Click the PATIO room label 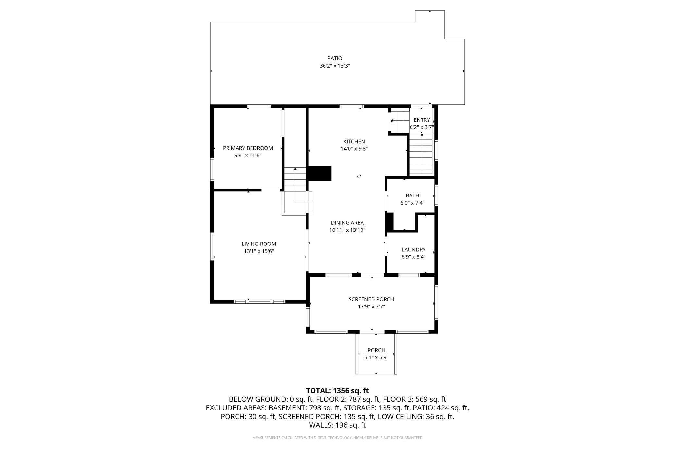tap(335, 58)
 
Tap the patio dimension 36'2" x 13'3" tap(335, 66)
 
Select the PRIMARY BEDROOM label tap(248, 148)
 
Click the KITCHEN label tap(354, 142)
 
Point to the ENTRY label tap(422, 120)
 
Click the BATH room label tap(412, 195)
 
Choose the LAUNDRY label tap(413, 250)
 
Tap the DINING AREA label tap(347, 223)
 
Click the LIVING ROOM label tap(259, 244)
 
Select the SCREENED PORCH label tap(371, 299)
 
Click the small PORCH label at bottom tap(376, 350)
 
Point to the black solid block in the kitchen tap(319, 173)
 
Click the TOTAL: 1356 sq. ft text tap(337, 391)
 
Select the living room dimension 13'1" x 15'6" tap(259, 251)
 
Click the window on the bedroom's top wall tap(259, 106)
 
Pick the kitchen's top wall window tap(352, 106)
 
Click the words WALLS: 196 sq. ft tap(337, 425)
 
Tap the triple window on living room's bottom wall tap(259, 302)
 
